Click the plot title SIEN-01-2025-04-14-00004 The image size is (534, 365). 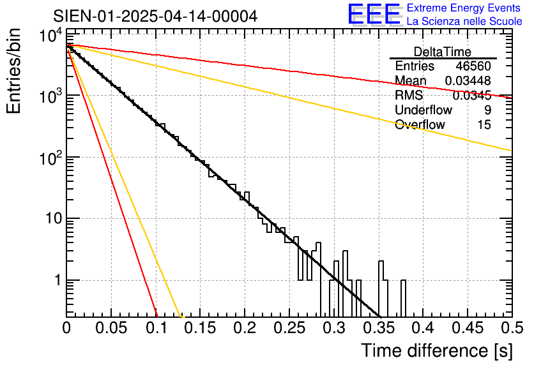[155, 15]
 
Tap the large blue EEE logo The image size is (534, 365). [374, 15]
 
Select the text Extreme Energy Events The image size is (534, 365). [464, 8]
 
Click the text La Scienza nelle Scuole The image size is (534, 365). [464, 22]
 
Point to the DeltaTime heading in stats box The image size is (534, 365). [442, 52]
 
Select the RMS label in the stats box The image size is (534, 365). [409, 95]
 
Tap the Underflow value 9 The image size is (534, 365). [487, 110]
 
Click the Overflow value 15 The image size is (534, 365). [484, 124]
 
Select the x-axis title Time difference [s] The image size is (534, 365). [436, 350]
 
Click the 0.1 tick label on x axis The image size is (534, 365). [156, 329]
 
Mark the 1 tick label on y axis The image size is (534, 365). [56, 280]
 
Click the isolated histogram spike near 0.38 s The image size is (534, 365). [403, 297]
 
